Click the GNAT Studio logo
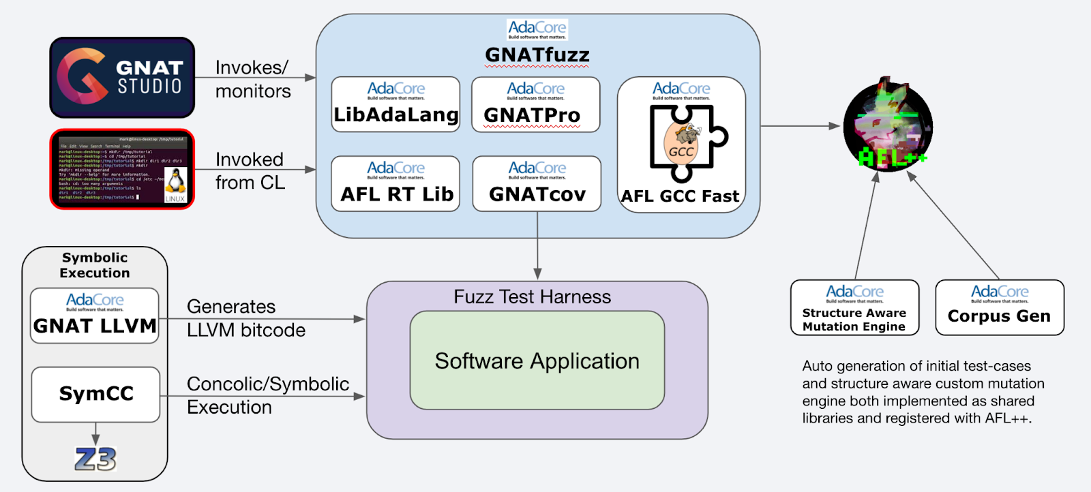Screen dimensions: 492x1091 click(122, 78)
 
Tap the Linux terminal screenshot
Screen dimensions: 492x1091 click(122, 169)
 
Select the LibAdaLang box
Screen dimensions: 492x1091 click(395, 104)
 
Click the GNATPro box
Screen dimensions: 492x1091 click(535, 104)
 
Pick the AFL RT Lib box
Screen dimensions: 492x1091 click(395, 183)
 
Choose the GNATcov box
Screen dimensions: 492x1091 click(537, 183)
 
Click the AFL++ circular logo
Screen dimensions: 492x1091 click(888, 127)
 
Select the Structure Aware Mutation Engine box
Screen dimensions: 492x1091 click(854, 307)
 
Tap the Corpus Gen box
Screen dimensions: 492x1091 click(999, 307)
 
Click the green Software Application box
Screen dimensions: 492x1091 click(537, 360)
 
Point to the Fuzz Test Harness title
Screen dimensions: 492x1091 click(532, 297)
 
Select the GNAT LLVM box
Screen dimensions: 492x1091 click(95, 316)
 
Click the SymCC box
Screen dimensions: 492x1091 click(95, 395)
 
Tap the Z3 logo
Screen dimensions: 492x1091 click(95, 459)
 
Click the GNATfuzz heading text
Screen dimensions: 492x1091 click(537, 55)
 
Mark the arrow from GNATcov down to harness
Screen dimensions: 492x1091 click(537, 245)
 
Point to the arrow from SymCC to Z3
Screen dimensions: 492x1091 click(95, 434)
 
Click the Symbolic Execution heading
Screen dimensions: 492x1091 click(95, 265)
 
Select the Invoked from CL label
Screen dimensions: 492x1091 click(250, 171)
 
